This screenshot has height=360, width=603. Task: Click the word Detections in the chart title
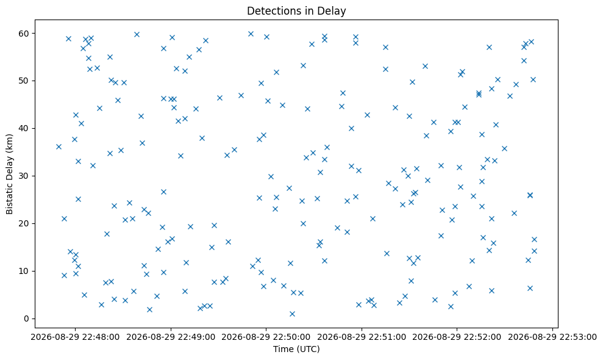pos(268,11)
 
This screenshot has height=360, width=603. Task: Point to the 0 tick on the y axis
pos(27,319)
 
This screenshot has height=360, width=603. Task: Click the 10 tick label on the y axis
pos(24,271)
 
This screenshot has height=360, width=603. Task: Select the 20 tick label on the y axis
pos(24,224)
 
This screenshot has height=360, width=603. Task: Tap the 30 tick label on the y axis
pos(24,176)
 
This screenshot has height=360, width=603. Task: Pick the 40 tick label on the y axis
pos(24,128)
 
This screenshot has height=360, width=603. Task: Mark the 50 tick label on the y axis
pos(24,81)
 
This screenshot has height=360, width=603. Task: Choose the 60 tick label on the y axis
pos(24,34)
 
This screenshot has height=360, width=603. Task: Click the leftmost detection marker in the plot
pos(59,146)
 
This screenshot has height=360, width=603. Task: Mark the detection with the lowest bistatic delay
pos(292,314)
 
